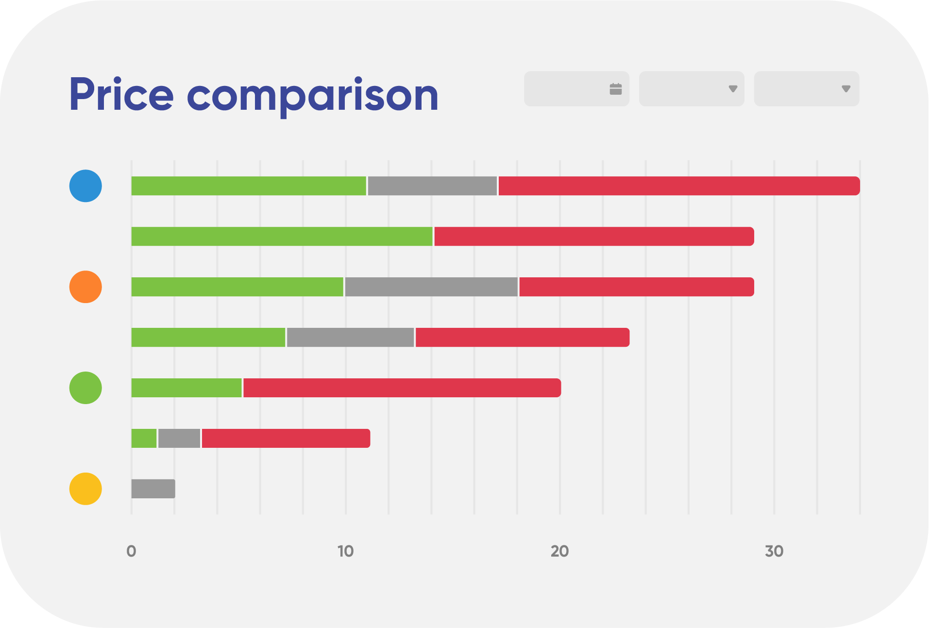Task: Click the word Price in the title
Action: [x=121, y=95]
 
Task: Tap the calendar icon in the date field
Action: [x=615, y=89]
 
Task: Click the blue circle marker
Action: [x=85, y=186]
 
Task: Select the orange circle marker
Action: [x=85, y=287]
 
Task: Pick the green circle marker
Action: [x=85, y=388]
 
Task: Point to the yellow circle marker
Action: [x=85, y=489]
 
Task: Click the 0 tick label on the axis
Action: [x=131, y=551]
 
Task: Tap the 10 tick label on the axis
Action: [x=345, y=551]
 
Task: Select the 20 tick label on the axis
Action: [x=559, y=551]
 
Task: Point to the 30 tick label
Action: [x=774, y=551]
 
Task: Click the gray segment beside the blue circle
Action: [x=432, y=186]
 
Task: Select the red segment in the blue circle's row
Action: [x=679, y=186]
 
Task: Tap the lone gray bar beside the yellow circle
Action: [x=153, y=489]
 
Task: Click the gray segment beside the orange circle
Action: [x=431, y=287]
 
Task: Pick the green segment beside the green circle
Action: [x=186, y=388]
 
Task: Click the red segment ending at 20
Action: [x=402, y=388]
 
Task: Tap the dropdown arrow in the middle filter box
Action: [x=733, y=89]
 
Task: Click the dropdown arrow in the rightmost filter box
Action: [x=845, y=89]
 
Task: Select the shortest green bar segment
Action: [x=144, y=439]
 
